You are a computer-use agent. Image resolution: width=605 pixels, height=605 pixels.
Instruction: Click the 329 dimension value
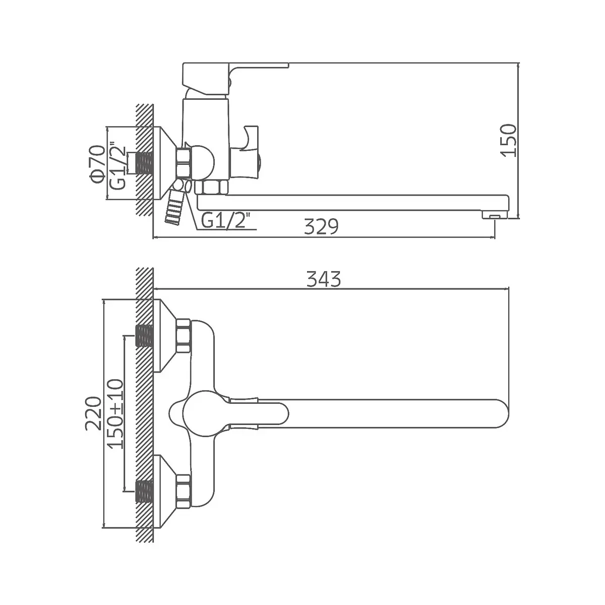coord(321,227)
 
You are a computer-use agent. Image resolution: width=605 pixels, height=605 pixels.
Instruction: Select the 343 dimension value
coord(324,279)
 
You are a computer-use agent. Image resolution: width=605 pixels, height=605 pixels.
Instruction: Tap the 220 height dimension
coord(93,413)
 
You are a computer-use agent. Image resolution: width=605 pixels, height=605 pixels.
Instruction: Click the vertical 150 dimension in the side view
coord(508,140)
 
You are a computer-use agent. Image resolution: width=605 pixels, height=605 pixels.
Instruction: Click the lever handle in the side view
coord(235,78)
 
